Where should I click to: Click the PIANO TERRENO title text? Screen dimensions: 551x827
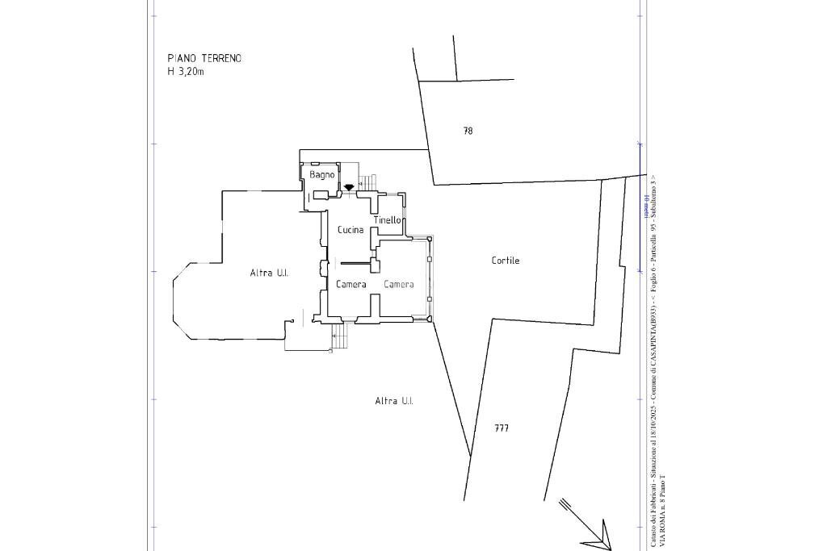tap(204, 58)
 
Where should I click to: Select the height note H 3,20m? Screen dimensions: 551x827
tap(186, 71)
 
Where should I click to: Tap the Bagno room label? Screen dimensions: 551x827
tap(321, 174)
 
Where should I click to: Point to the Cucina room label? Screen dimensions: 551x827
tap(351, 230)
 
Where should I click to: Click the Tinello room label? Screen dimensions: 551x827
tap(388, 220)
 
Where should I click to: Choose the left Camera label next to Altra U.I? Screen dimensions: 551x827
tap(351, 284)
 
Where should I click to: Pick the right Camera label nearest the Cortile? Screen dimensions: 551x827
tap(399, 284)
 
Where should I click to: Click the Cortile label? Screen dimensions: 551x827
tap(506, 261)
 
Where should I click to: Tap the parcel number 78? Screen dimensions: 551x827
tap(468, 131)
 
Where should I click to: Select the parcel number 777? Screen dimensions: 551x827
tap(502, 428)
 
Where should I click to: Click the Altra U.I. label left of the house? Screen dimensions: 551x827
tap(269, 273)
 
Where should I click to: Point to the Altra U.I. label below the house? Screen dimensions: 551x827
tap(394, 401)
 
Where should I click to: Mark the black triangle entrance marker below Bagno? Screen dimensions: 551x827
tap(349, 187)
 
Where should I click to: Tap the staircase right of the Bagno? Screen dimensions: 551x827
tap(368, 183)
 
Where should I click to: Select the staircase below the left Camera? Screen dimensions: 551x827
tap(340, 335)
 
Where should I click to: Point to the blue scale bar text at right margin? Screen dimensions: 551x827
tap(646, 206)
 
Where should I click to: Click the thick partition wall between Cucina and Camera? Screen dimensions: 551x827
tap(355, 262)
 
